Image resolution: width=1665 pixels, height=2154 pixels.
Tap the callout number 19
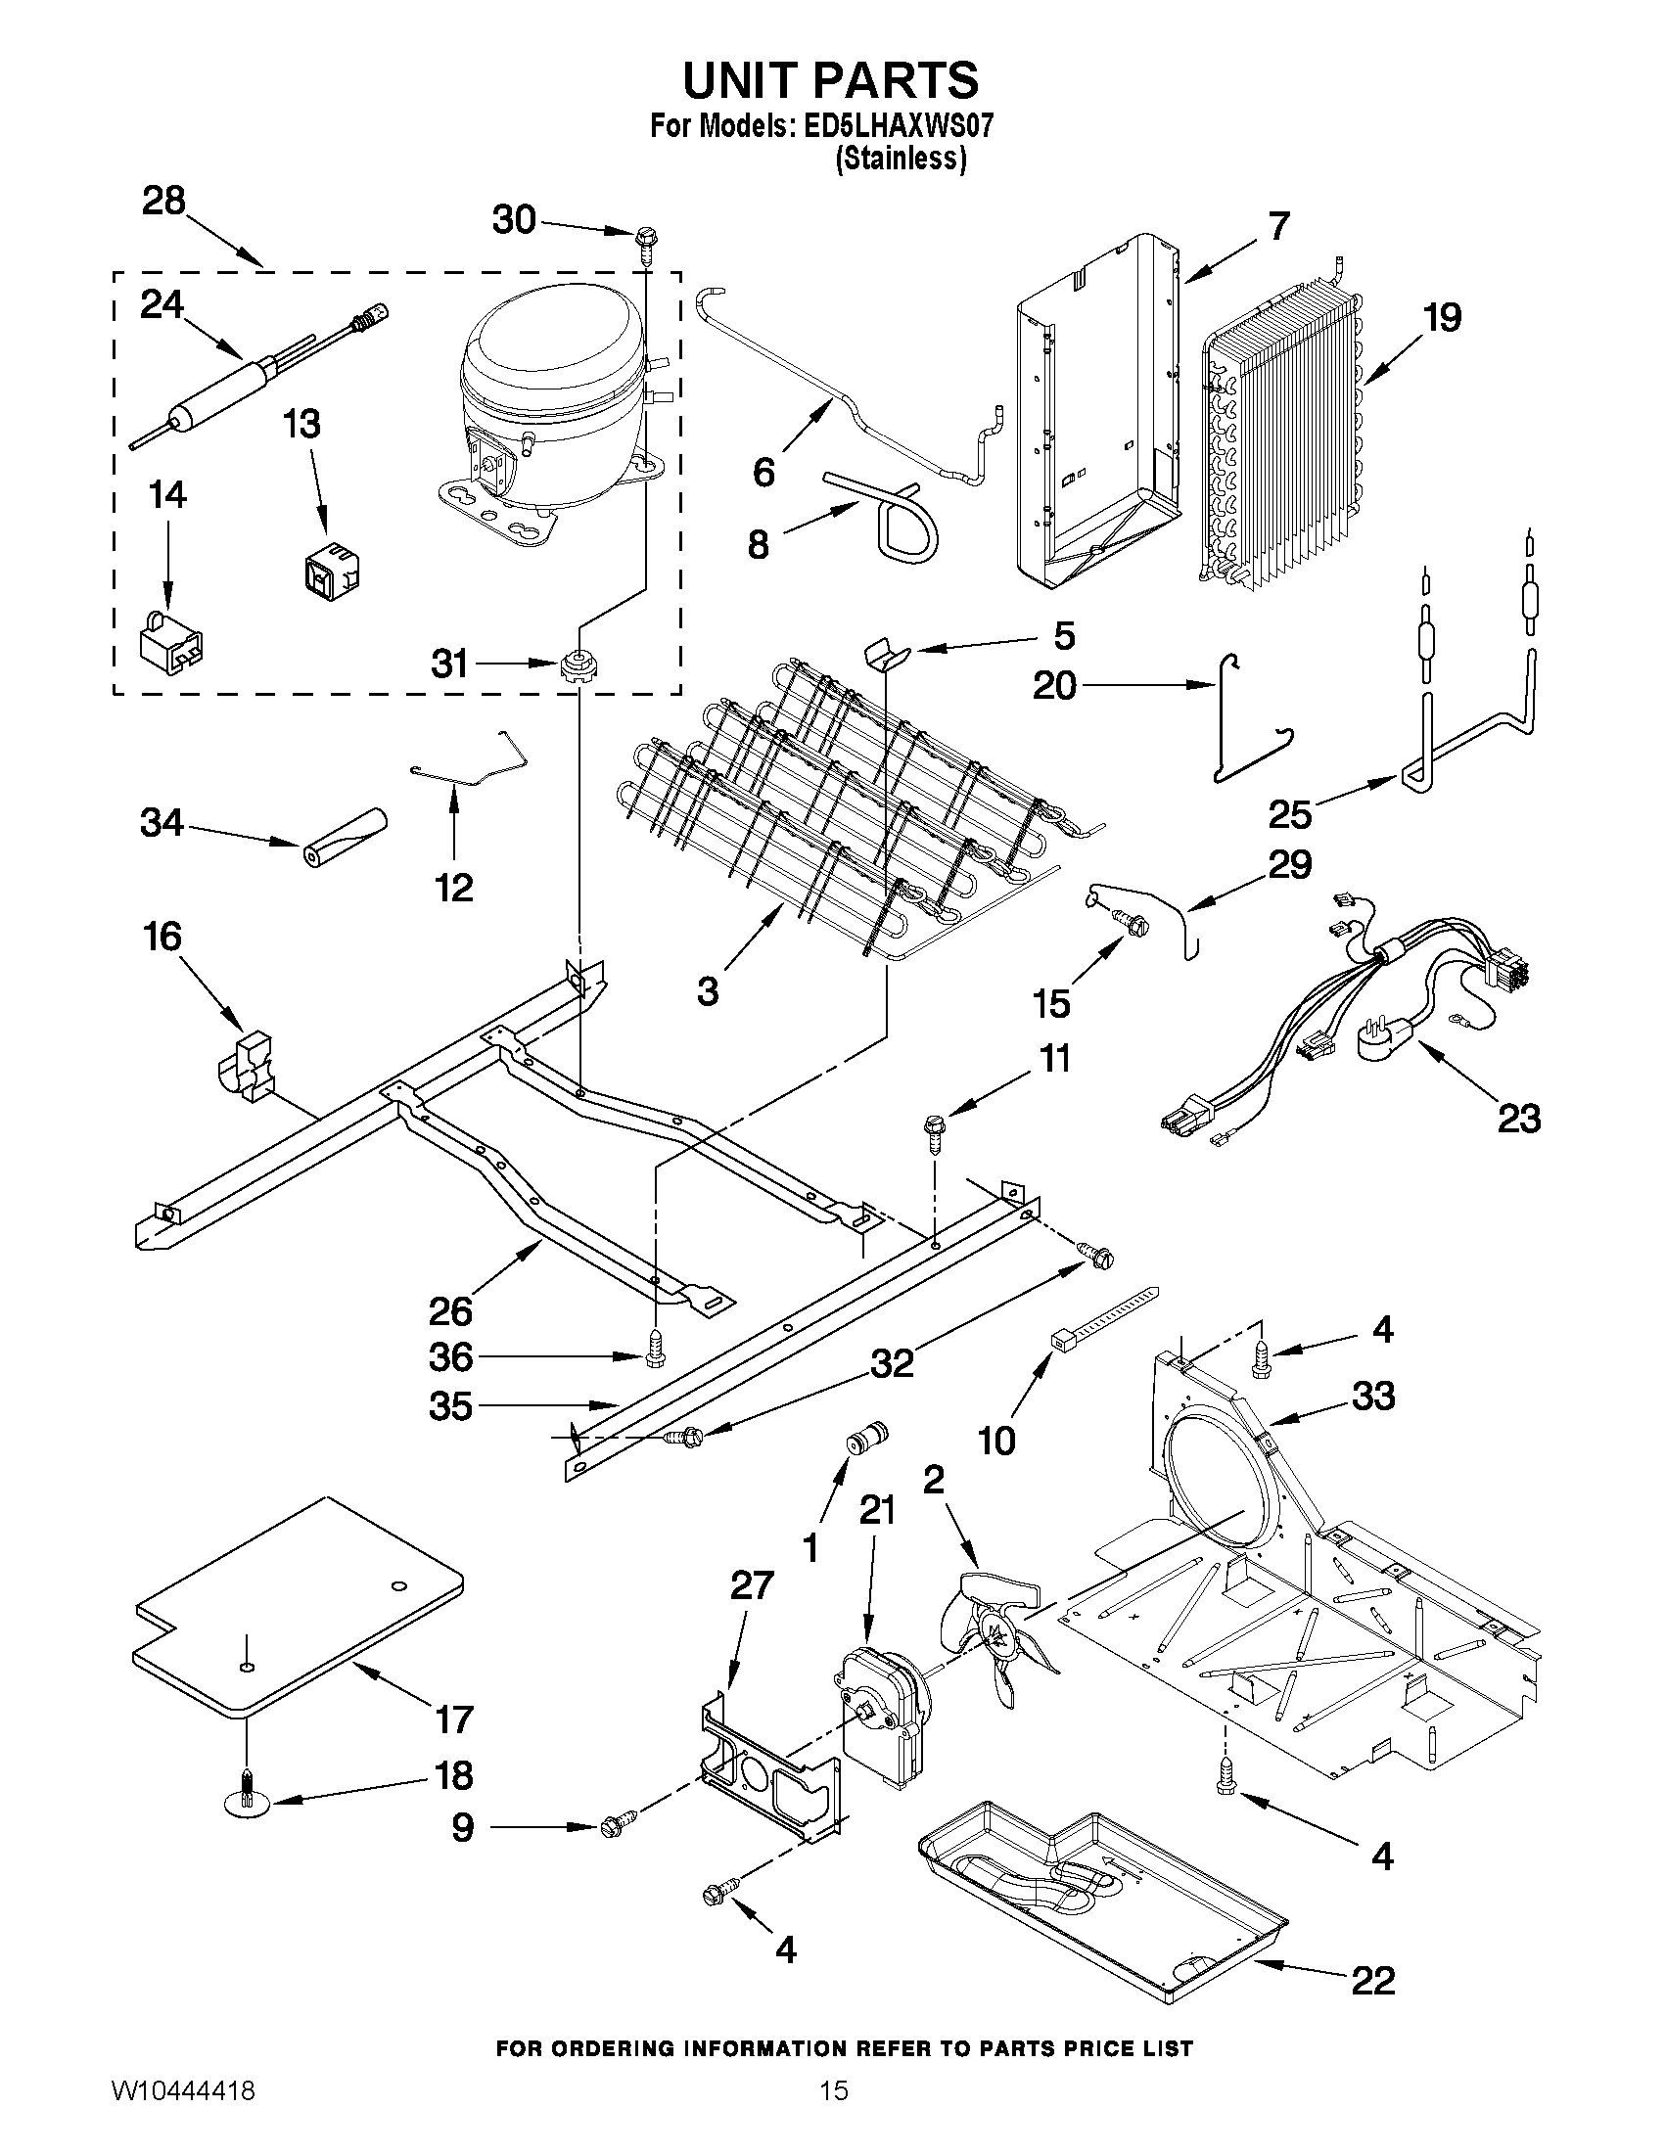coord(1442,318)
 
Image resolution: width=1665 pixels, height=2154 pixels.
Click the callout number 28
coord(163,201)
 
